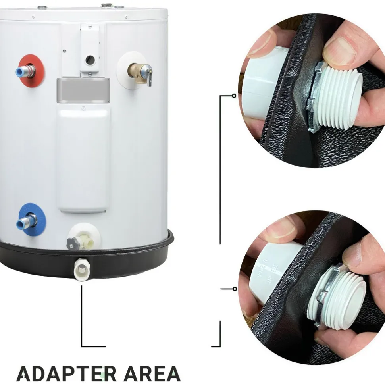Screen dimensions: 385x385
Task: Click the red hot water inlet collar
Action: [31, 71]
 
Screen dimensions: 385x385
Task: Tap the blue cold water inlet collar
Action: [32, 219]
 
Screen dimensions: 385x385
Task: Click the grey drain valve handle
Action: [73, 243]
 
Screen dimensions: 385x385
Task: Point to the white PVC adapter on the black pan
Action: [82, 269]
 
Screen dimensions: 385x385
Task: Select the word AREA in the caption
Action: [152, 374]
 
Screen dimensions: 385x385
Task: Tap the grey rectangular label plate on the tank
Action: [83, 90]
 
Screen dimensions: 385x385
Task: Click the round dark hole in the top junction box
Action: [90, 60]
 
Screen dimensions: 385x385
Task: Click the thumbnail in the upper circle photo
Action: [340, 50]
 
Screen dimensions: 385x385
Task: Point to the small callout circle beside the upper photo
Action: [234, 96]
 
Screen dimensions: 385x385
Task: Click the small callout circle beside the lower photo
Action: [235, 289]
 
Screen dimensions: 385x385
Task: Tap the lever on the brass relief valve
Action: [149, 75]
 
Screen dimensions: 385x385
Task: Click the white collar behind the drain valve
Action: [85, 236]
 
